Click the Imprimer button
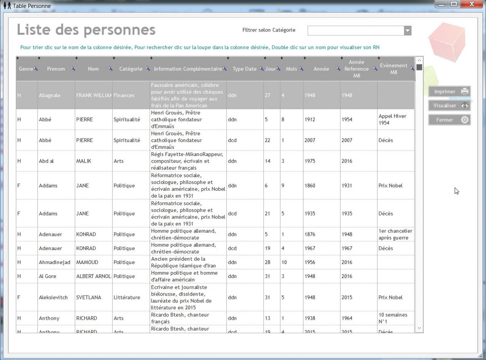point(449,91)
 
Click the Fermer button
point(449,120)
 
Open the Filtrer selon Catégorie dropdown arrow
point(407,31)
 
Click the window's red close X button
point(471,4)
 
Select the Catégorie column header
point(131,69)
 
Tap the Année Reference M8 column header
point(356,69)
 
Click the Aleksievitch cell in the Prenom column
point(53,297)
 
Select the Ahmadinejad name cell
point(54,262)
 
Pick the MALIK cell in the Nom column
point(84,161)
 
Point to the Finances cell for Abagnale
point(124,95)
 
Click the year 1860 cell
point(310,186)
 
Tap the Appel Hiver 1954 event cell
point(392,119)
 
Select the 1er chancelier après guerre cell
point(395,234)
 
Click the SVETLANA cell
point(88,297)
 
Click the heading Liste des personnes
point(86,30)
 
